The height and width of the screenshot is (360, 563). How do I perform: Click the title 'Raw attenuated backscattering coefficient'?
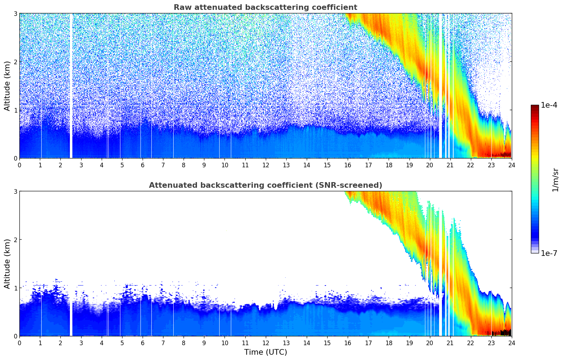point(265,7)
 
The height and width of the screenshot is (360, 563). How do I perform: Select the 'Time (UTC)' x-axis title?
point(265,352)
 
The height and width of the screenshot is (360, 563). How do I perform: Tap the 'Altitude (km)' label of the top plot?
point(7,86)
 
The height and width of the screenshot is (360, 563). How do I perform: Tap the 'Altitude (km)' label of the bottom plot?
point(7,264)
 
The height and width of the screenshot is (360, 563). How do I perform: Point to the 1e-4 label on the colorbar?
point(549,105)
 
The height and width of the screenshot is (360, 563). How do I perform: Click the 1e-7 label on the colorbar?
point(549,253)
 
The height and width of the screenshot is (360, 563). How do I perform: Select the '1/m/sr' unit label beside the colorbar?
point(555,180)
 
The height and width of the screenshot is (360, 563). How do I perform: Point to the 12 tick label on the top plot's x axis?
point(265,165)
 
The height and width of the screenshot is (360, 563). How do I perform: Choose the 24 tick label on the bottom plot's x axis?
point(511,343)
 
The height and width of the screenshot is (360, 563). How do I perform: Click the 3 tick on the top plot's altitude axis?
point(15,13)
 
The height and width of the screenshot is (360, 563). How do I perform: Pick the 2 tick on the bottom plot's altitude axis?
point(15,240)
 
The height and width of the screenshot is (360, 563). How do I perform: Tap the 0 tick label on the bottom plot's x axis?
point(19,343)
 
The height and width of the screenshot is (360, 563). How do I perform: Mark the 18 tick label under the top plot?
point(389,165)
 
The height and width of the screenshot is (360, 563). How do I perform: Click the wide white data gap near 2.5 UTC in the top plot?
point(71,86)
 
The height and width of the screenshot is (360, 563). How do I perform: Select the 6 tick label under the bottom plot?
point(143,343)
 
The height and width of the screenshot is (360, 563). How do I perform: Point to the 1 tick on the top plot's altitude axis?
point(15,110)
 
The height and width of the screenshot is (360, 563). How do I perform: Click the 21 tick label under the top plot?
point(450,165)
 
